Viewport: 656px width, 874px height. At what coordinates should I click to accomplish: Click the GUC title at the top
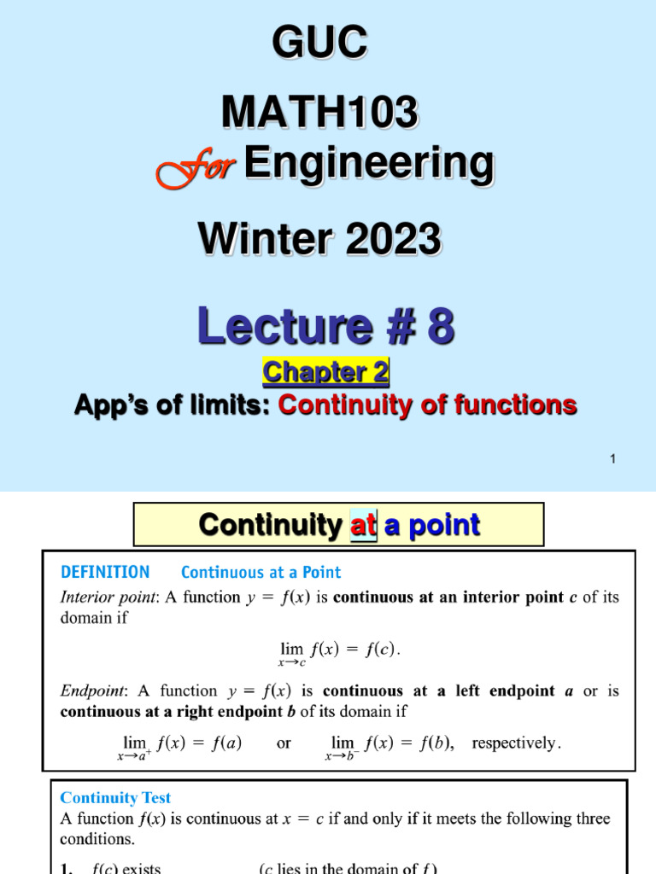coord(320,43)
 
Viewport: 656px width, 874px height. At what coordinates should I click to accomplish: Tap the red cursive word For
coord(195,166)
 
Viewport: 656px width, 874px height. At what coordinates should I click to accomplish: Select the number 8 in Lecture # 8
coord(438,327)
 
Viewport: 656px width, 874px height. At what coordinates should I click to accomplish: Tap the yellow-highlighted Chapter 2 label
coord(325,372)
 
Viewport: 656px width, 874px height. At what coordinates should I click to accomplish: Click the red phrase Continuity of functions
coord(427,405)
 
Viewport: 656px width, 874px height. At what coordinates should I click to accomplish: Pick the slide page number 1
coord(612,460)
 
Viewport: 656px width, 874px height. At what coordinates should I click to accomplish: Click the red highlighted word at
coord(364,525)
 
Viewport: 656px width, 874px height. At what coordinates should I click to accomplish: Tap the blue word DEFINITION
coord(105,573)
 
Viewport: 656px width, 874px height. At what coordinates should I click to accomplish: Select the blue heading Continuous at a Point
coord(261,573)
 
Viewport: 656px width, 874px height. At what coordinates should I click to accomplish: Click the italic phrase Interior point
coord(98,597)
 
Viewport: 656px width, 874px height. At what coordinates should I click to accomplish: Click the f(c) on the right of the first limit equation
coord(378,650)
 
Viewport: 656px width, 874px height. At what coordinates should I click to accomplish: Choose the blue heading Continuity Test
coord(115,798)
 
